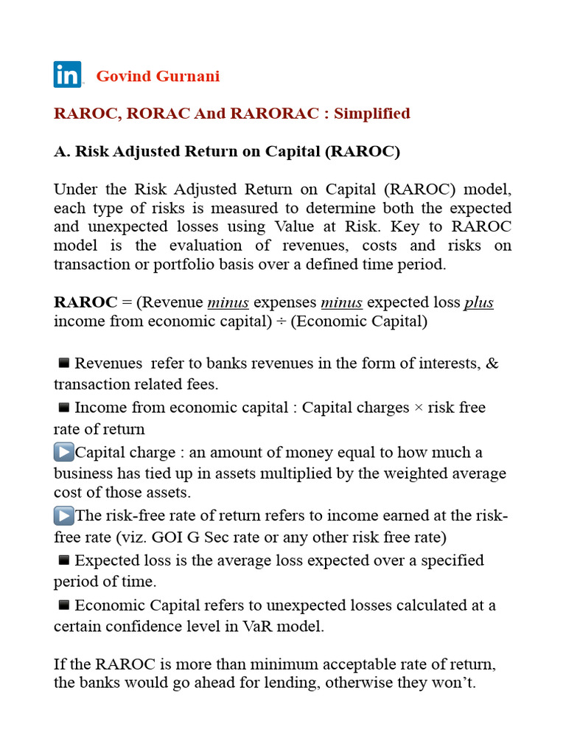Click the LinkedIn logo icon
pos(67,75)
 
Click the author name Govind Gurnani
pos(158,77)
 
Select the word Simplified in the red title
pos(372,114)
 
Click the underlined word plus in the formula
pos(478,302)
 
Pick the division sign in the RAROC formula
pos(282,321)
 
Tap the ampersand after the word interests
pos(493,363)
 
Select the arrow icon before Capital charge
pos(64,452)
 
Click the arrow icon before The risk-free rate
pos(64,516)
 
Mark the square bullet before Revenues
pos(63,363)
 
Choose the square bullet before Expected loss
pos(63,560)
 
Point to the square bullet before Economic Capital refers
pos(63,605)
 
